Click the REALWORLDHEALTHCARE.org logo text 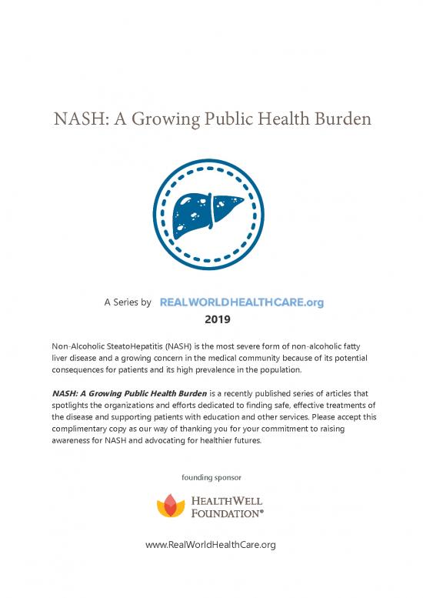tap(241, 302)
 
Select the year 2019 tap(211, 317)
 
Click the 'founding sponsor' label tap(211, 479)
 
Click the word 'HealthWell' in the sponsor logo tap(227, 499)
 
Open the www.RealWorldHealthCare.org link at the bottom tap(211, 545)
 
